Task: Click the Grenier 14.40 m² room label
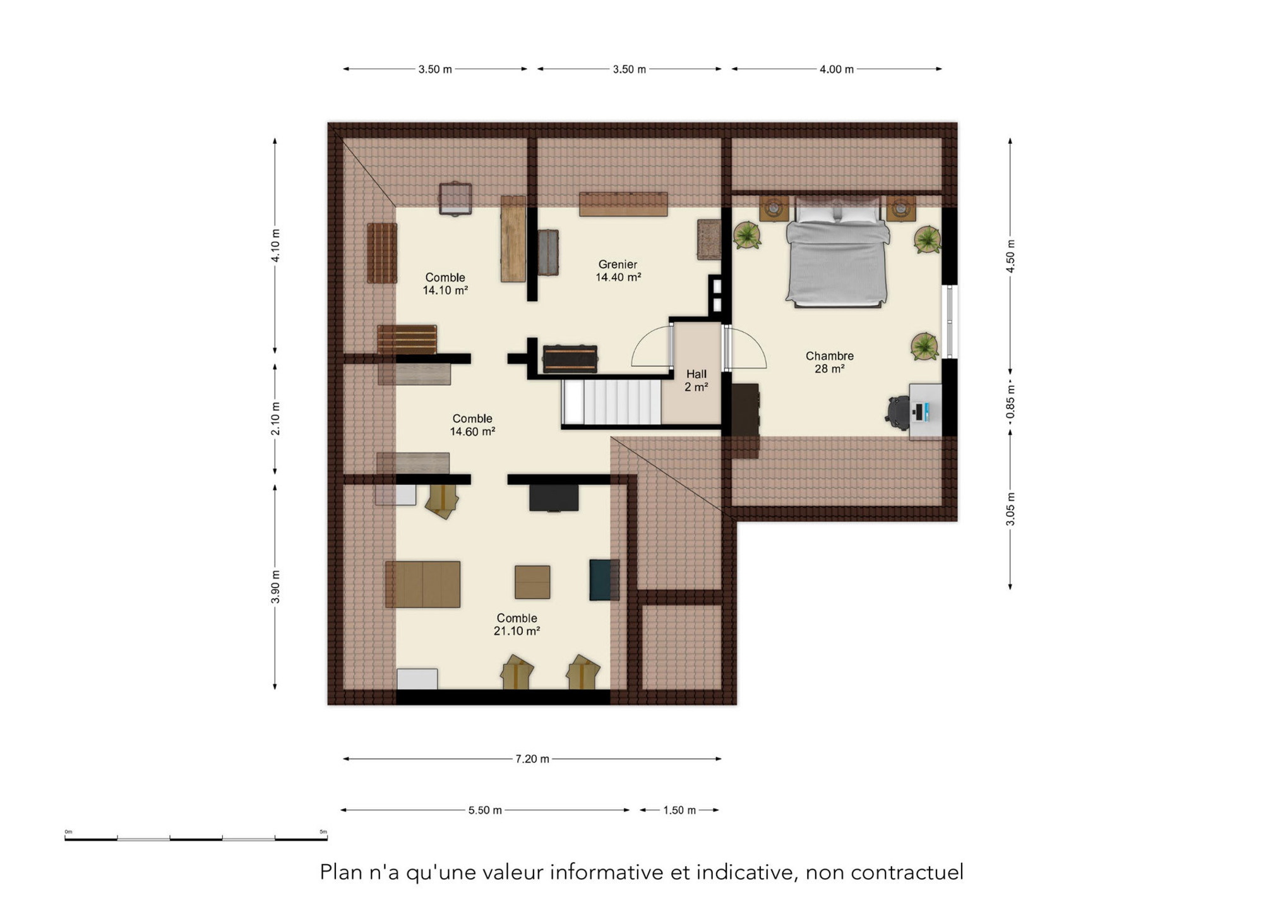point(618,271)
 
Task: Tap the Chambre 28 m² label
point(829,362)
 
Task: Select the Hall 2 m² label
point(696,381)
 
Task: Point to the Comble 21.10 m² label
point(517,624)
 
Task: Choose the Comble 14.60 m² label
point(472,425)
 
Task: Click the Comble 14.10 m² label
point(445,283)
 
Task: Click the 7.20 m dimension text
point(532,759)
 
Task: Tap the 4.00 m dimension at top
point(836,69)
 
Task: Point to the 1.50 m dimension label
point(679,810)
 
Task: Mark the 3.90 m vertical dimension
point(275,586)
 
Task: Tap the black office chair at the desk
point(897,412)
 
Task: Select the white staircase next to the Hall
point(611,401)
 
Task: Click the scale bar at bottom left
point(196,838)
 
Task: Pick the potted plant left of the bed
point(747,235)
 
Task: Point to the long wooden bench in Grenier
point(623,204)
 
